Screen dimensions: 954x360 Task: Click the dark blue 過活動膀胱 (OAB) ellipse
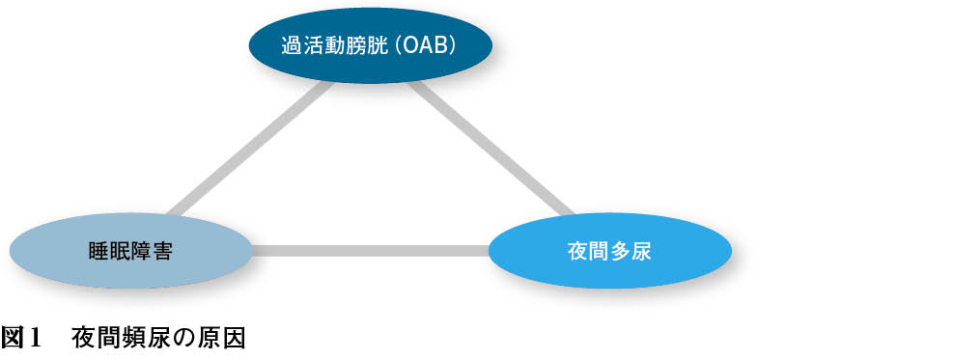click(x=370, y=45)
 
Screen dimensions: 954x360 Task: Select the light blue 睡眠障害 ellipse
click(x=130, y=251)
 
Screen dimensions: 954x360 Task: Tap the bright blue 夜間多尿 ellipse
click(x=609, y=251)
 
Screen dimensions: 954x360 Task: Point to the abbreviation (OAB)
click(x=425, y=47)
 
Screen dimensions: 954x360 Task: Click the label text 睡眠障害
click(x=130, y=251)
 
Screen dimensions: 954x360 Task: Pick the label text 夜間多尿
click(x=609, y=251)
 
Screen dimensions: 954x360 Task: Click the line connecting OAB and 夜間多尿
click(x=490, y=149)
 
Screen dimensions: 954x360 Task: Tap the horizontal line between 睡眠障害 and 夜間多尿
click(x=370, y=251)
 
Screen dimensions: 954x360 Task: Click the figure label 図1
click(x=20, y=338)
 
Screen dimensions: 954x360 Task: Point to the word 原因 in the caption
click(x=223, y=338)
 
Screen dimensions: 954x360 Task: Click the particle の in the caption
click(x=181, y=339)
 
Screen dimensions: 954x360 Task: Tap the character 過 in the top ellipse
click(x=292, y=47)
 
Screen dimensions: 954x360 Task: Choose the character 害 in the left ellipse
click(x=162, y=251)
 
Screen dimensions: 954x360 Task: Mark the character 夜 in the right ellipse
click(x=577, y=251)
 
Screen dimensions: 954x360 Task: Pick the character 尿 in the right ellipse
click(x=642, y=251)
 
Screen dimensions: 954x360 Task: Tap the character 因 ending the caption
click(x=235, y=338)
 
